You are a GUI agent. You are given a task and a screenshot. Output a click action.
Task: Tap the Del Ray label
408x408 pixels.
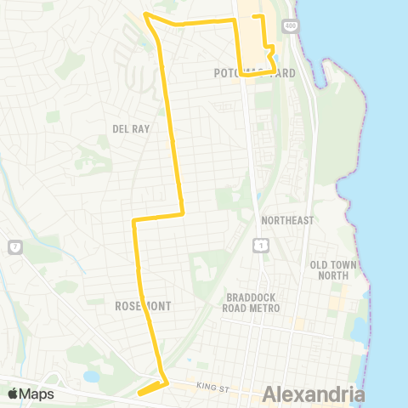[130, 128]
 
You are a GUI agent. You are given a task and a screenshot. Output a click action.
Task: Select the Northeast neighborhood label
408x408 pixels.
[288, 220]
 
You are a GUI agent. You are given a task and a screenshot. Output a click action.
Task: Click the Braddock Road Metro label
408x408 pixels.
[253, 303]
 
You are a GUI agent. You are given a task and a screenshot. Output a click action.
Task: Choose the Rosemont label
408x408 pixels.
[142, 305]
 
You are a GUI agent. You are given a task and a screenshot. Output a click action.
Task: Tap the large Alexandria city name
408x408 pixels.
[314, 394]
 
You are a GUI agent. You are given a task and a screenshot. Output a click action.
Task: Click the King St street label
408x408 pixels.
[212, 387]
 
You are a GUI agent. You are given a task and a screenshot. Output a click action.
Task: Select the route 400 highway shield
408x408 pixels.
[291, 27]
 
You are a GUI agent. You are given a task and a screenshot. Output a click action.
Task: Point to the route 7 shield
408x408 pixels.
[14, 246]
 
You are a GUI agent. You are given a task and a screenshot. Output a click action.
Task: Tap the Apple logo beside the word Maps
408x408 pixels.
[13, 394]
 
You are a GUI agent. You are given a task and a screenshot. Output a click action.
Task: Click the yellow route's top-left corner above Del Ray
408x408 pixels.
[147, 15]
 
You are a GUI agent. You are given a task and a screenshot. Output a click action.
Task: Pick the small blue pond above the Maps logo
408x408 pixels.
[91, 375]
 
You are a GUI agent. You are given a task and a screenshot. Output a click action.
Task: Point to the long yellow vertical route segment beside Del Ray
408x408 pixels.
[173, 127]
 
